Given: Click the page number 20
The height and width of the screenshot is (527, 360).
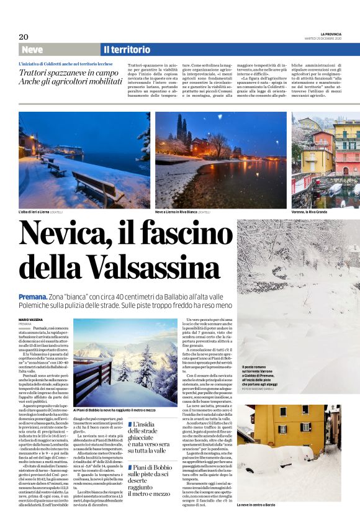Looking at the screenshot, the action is click(x=24, y=37).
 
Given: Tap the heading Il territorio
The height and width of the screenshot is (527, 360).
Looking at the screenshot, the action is click(x=127, y=50).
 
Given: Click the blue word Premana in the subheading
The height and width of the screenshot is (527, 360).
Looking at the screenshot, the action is click(x=33, y=297).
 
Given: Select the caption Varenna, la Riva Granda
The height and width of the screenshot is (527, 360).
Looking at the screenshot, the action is click(x=313, y=212).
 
